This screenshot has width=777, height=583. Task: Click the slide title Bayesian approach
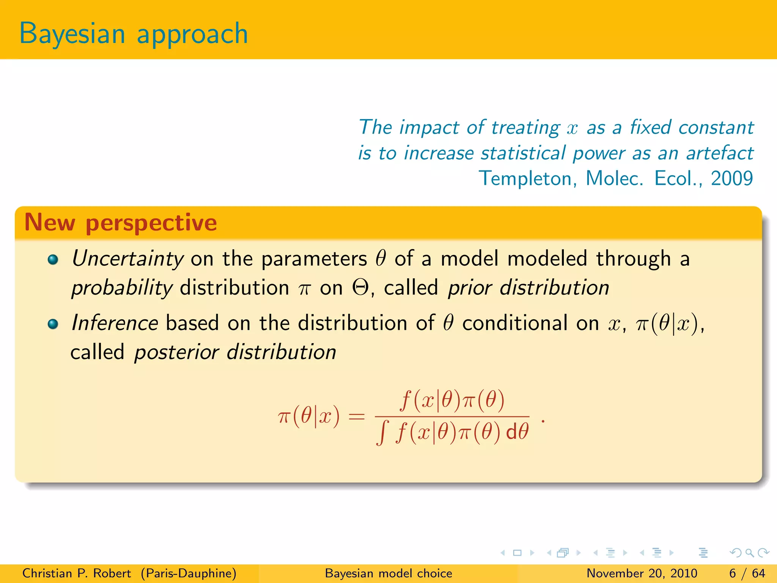pyautogui.click(x=134, y=34)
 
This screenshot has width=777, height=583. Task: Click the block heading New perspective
pyautogui.click(x=121, y=222)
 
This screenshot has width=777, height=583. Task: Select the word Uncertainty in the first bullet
pyautogui.click(x=128, y=259)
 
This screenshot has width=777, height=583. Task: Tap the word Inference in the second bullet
pyautogui.click(x=115, y=323)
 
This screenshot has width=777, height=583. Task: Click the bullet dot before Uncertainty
pyautogui.click(x=53, y=260)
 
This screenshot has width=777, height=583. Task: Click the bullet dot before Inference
pyautogui.click(x=53, y=324)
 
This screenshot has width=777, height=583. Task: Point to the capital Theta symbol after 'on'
pyautogui.click(x=360, y=288)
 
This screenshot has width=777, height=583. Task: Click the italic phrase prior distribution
pyautogui.click(x=528, y=288)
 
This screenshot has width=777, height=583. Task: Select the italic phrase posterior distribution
pyautogui.click(x=235, y=352)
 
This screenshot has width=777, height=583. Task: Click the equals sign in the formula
pyautogui.click(x=357, y=417)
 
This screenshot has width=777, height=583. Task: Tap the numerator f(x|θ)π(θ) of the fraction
pyautogui.click(x=452, y=400)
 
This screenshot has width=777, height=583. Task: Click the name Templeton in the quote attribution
pyautogui.click(x=527, y=178)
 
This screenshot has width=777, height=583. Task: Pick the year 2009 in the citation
pyautogui.click(x=731, y=178)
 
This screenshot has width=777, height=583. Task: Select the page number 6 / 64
pyautogui.click(x=747, y=573)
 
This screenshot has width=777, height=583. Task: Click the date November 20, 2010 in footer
pyautogui.click(x=642, y=573)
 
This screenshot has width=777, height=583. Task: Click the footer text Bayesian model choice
pyautogui.click(x=388, y=573)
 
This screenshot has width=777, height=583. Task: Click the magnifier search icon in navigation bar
pyautogui.click(x=749, y=553)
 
